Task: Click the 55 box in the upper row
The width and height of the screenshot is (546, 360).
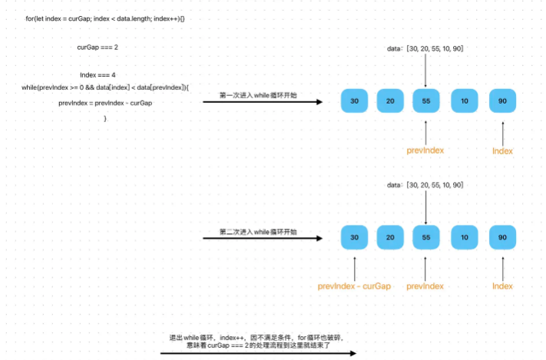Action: [x=426, y=101]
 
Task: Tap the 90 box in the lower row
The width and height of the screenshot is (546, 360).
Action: [x=502, y=237]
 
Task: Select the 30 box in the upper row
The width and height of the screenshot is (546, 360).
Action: [x=354, y=101]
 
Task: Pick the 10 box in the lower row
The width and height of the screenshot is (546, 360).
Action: [x=464, y=237]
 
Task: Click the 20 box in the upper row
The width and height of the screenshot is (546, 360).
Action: [x=390, y=101]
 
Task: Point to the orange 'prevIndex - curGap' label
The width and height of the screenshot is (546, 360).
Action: [x=354, y=286]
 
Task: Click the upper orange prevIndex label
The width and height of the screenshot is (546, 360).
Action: [x=425, y=150]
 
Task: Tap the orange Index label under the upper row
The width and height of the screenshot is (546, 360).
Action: [x=502, y=151]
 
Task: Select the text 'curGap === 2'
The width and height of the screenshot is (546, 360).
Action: [x=98, y=47]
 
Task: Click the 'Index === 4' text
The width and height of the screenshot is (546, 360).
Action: [x=98, y=75]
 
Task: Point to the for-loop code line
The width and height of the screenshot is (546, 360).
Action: [x=104, y=18]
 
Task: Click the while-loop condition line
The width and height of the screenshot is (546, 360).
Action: [x=105, y=88]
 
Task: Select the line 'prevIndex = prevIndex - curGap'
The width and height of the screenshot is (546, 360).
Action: [x=105, y=103]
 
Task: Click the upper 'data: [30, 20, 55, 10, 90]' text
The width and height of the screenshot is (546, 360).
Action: [x=425, y=49]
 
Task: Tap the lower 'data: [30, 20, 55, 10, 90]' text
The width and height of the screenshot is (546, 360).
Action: [x=425, y=185]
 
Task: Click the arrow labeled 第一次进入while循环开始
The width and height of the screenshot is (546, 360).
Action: [x=263, y=101]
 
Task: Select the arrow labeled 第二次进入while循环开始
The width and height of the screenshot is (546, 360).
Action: [x=263, y=238]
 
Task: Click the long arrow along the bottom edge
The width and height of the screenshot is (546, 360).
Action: [x=258, y=353]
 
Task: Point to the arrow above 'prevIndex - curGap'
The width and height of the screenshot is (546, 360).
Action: [x=355, y=269]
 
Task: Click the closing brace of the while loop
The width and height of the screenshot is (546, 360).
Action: [x=105, y=118]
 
